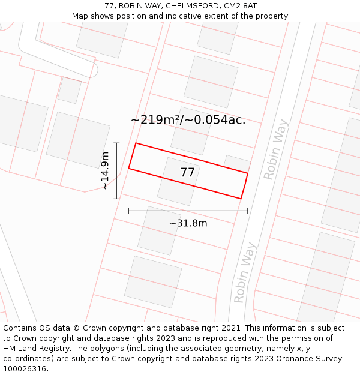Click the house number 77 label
click(187, 172)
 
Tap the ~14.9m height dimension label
click(105, 171)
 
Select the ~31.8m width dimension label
click(188, 223)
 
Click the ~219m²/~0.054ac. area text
click(188, 120)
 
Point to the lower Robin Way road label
click(245, 272)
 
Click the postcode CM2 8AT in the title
click(241, 6)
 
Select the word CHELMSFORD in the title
click(190, 6)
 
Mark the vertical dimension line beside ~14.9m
click(117, 171)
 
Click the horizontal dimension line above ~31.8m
click(188, 211)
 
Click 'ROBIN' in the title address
click(132, 6)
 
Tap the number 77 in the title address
click(109, 6)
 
